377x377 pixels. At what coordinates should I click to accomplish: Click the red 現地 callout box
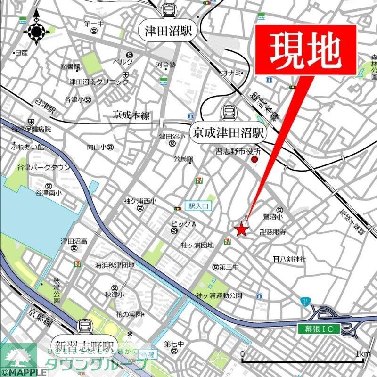click(x=305, y=50)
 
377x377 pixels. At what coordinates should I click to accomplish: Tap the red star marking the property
click(x=241, y=229)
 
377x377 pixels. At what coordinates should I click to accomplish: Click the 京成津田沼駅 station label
click(x=229, y=132)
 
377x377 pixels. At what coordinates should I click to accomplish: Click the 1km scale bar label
click(x=363, y=354)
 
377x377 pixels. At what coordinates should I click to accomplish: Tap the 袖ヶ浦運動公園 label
click(x=219, y=295)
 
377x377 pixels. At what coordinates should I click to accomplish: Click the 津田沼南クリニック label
click(x=99, y=82)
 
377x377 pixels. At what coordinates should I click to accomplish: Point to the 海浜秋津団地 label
click(x=115, y=265)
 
